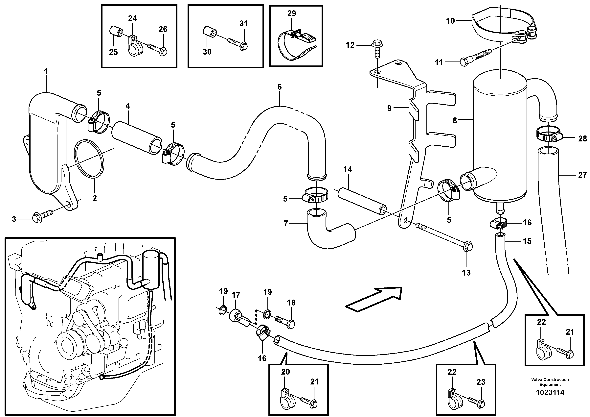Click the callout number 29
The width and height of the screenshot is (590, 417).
[x=291, y=14]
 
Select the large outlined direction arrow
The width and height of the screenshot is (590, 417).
[x=374, y=299]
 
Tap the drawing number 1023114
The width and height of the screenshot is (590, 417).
[x=550, y=392]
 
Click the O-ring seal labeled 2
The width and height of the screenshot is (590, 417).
[x=89, y=159]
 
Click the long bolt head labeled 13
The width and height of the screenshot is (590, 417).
[x=468, y=247]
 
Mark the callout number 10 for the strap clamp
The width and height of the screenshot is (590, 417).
[x=450, y=21]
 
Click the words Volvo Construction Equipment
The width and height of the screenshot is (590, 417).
[x=550, y=382]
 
